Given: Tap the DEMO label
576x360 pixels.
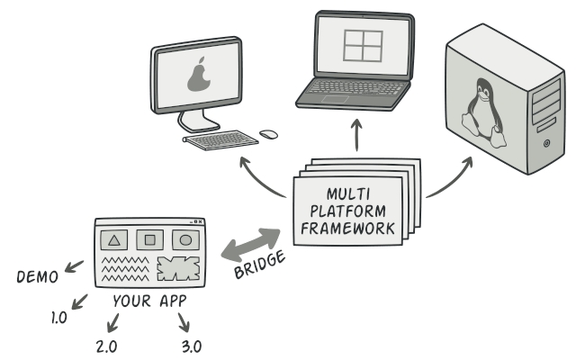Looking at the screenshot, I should tap(37, 277).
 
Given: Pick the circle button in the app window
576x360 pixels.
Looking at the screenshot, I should tap(184, 240).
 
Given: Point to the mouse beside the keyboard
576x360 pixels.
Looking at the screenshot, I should tap(268, 134).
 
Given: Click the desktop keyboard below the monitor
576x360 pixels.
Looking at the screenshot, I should tap(220, 139).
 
